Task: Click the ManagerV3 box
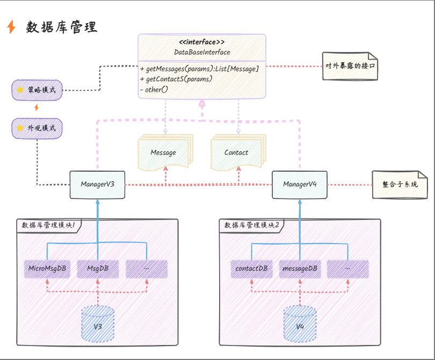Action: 98,185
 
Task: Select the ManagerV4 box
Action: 300,185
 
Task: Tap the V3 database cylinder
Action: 98,324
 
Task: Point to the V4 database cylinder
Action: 300,324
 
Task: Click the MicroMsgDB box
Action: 47,269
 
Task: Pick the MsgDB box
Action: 98,269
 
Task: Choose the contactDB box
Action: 251,269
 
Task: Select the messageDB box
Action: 300,269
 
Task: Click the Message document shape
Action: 164,152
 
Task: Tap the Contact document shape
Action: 236,152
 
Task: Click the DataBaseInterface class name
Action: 202,52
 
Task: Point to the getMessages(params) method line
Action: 199,69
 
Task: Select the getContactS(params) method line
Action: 176,79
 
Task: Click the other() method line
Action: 154,89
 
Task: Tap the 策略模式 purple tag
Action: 37,90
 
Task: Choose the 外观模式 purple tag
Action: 37,129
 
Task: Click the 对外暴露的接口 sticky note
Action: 350,66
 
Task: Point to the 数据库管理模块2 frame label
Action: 252,225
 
